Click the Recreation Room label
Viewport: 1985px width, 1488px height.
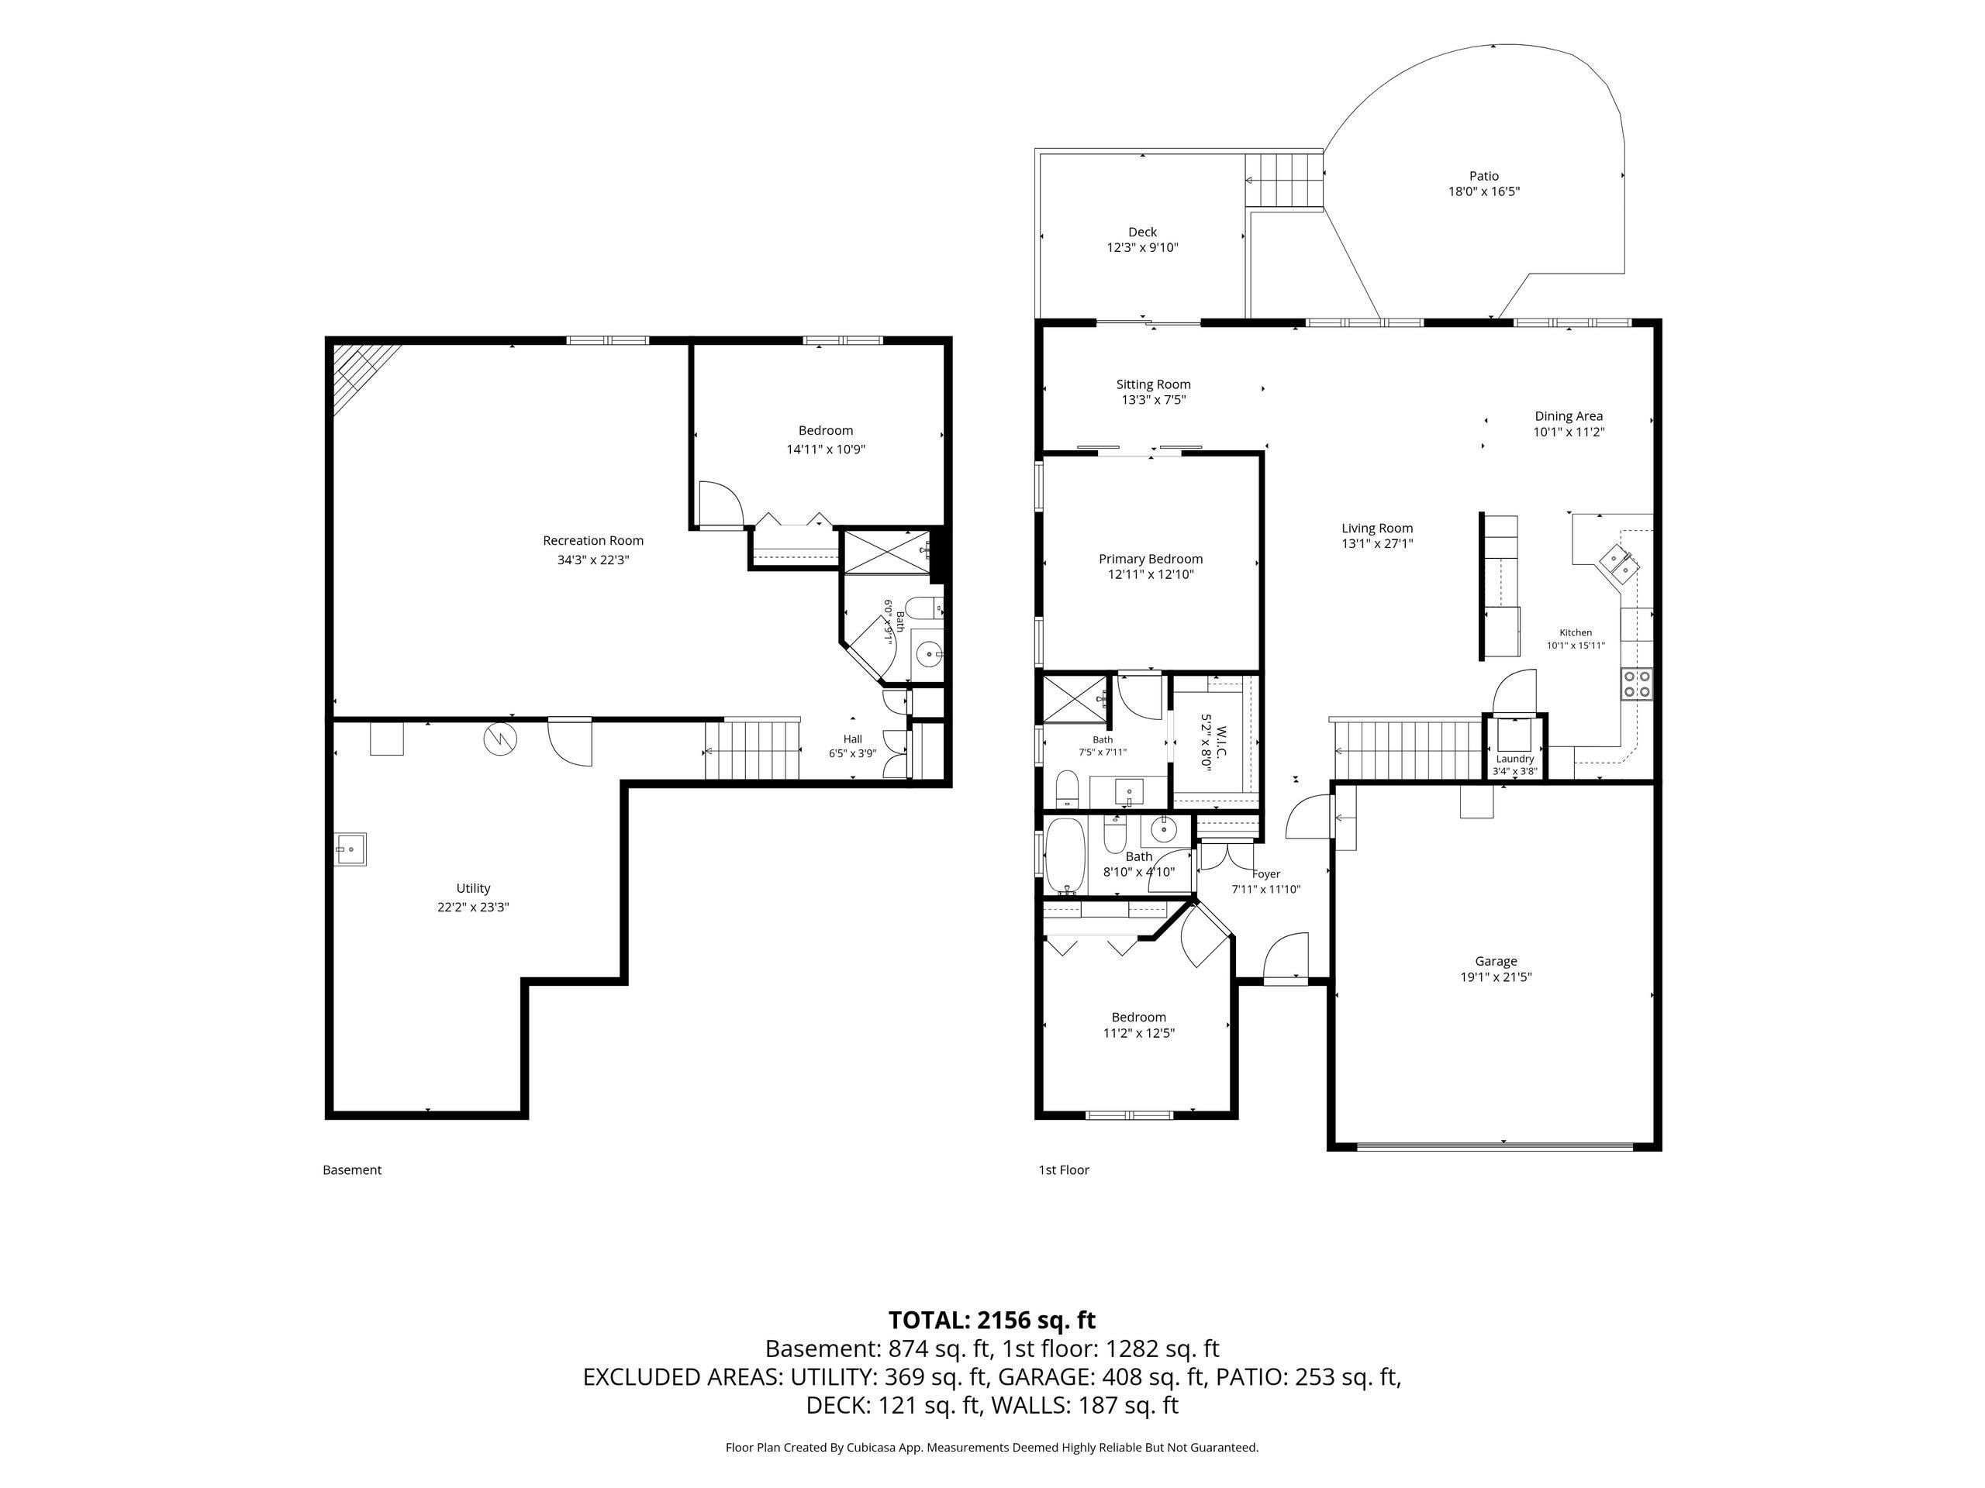click(x=593, y=541)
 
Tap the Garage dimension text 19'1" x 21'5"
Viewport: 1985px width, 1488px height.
click(x=1496, y=976)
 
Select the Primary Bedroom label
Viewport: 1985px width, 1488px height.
click(x=1151, y=559)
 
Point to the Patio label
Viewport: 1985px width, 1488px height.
click(x=1484, y=176)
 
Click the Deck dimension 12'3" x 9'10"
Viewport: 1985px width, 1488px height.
click(x=1142, y=247)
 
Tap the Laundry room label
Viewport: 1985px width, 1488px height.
click(x=1515, y=759)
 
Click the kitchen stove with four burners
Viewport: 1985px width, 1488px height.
click(x=1637, y=684)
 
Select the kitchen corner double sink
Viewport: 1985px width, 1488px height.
click(x=1621, y=563)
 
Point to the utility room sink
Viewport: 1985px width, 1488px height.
click(x=350, y=849)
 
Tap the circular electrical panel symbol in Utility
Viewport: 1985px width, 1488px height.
click(x=496, y=738)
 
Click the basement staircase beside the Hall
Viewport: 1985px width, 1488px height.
click(x=753, y=750)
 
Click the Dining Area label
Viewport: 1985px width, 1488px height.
click(x=1569, y=416)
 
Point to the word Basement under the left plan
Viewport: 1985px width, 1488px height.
click(x=352, y=1169)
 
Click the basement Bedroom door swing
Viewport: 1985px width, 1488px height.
click(x=721, y=504)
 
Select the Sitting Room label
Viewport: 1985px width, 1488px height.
click(x=1153, y=384)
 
